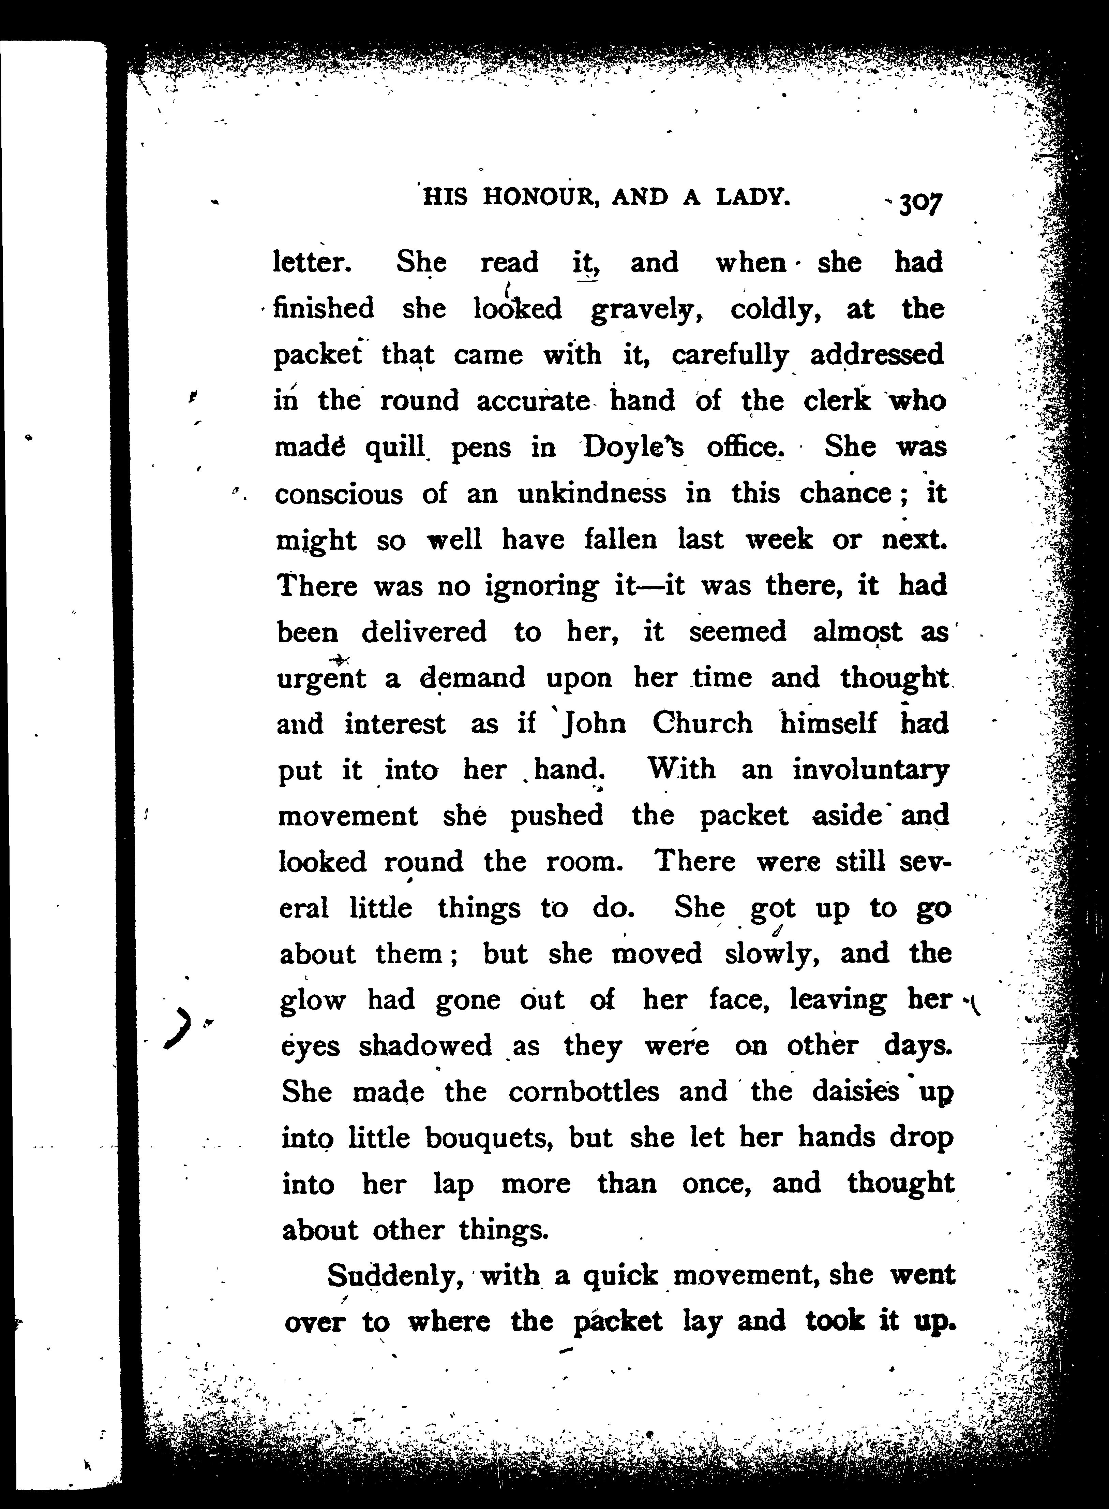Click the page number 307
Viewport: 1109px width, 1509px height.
(x=921, y=203)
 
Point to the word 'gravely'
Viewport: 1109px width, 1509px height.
(x=646, y=310)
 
